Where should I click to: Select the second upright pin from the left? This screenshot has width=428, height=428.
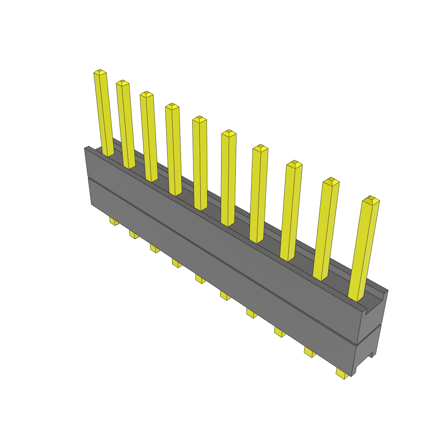126,125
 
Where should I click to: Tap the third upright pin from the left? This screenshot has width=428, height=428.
149,138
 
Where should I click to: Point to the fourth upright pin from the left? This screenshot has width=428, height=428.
173,150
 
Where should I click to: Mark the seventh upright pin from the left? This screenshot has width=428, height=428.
259,194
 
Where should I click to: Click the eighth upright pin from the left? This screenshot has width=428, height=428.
291,211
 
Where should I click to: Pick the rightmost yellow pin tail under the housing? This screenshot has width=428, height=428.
342,373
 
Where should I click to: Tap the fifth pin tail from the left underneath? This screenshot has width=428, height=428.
201,279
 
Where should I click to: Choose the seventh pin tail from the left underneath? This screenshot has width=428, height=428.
252,313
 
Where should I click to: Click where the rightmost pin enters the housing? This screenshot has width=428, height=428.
356,298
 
